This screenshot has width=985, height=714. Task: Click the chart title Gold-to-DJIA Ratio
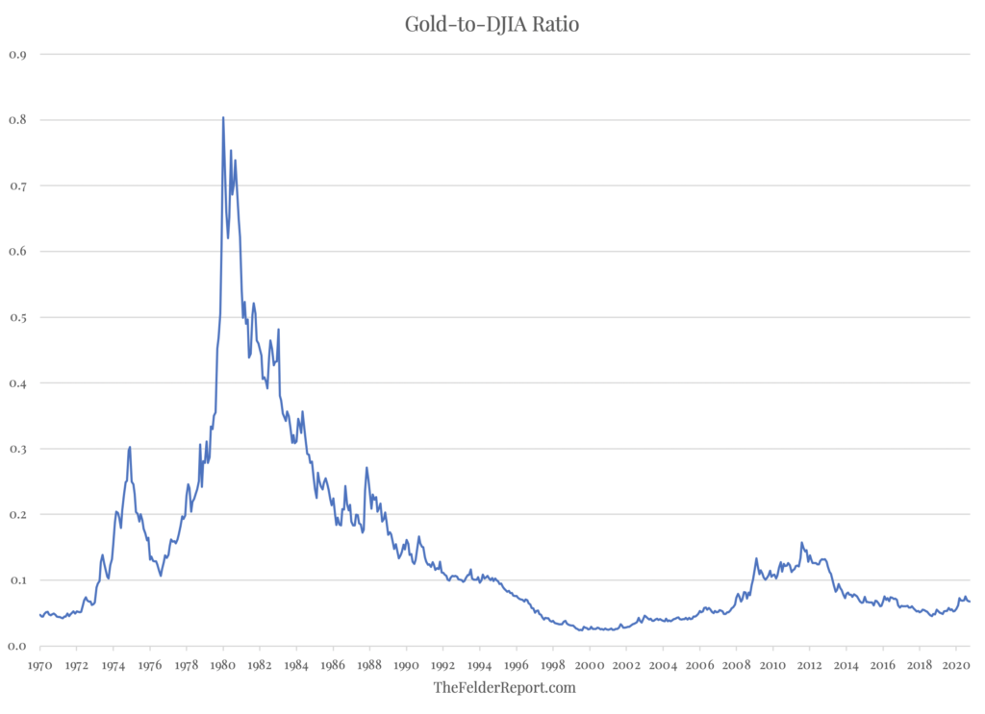[x=492, y=24]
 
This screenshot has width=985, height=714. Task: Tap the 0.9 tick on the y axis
[x=17, y=55]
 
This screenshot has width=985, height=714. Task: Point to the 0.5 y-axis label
[x=17, y=317]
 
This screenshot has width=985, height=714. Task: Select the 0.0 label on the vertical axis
[x=17, y=646]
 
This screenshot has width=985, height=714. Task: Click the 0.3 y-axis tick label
[x=17, y=449]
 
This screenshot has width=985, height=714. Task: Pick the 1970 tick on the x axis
[x=39, y=664]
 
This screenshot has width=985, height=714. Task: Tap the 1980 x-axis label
[x=223, y=664]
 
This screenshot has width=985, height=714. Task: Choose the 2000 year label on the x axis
[x=590, y=664]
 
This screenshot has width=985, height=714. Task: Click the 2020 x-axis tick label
[x=957, y=664]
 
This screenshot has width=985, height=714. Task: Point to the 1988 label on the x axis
[x=369, y=664]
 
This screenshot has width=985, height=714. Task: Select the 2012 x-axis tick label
[x=810, y=664]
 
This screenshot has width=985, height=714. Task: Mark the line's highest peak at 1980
[x=223, y=117]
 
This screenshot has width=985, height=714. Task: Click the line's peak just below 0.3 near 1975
[x=130, y=447]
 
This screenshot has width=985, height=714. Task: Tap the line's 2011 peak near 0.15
[x=801, y=542]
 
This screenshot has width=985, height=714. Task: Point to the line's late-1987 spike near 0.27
[x=366, y=468]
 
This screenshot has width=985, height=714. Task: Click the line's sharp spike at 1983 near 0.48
[x=278, y=330]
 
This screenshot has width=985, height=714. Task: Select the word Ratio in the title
[x=553, y=24]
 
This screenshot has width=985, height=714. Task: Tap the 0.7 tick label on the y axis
[x=17, y=185]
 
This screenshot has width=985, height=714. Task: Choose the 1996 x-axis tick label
[x=517, y=664]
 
